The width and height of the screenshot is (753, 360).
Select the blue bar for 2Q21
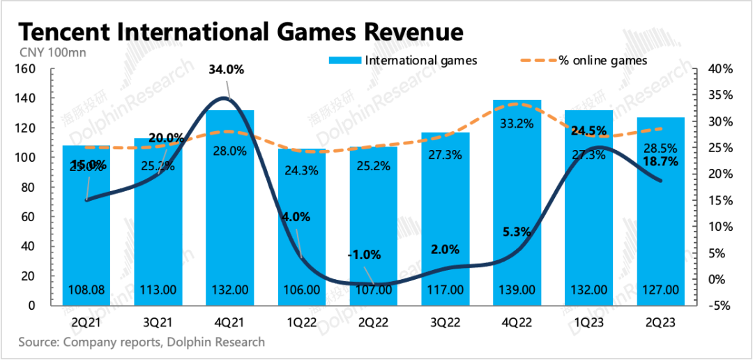click(86, 230)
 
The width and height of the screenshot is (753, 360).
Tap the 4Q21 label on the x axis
click(229, 322)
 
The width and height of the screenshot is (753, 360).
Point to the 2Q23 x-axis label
click(660, 322)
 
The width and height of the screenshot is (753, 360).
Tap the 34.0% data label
click(228, 70)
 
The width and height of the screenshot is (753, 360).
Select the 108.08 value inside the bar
click(86, 290)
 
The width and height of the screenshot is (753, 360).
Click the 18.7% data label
click(662, 161)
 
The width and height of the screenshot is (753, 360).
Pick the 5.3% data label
click(517, 231)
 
